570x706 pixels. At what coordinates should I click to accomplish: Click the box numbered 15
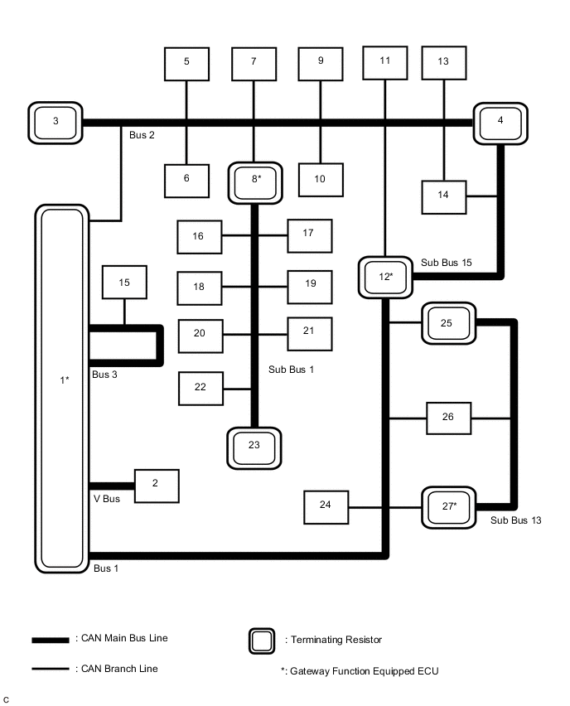124,283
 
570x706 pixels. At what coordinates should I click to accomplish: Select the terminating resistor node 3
56,122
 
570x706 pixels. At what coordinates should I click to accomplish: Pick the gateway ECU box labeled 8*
254,180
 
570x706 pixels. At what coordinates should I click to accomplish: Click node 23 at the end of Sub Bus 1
254,446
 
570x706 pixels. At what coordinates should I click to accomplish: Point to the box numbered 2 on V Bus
157,486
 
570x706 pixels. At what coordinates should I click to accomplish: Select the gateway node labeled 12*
386,276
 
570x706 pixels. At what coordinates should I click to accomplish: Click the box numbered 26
448,418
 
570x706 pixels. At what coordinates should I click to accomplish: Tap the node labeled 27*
448,506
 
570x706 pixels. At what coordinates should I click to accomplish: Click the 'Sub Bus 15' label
446,262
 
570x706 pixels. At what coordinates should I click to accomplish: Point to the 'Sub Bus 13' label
515,521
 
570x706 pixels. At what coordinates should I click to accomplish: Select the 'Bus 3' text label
105,375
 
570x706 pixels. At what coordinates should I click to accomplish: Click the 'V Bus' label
106,500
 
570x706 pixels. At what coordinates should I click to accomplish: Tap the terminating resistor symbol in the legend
263,641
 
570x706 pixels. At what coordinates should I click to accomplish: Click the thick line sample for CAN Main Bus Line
51,641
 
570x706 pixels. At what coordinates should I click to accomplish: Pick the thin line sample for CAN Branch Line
51,669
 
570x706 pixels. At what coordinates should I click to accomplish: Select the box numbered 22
201,388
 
